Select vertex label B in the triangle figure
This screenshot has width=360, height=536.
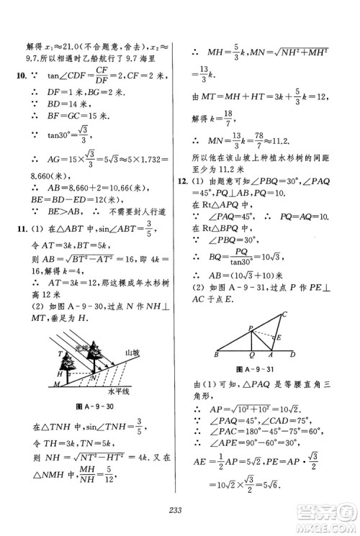coord(217,355)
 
